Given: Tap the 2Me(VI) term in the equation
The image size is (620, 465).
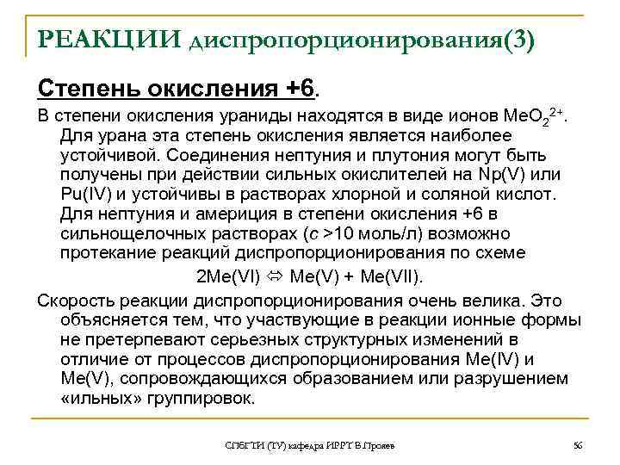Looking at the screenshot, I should (x=232, y=276).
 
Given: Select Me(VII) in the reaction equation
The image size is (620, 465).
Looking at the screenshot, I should (x=384, y=276).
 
